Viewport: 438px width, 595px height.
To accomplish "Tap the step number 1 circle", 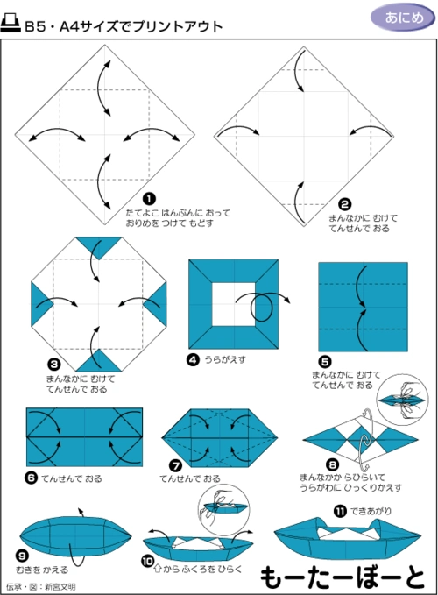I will (149, 199).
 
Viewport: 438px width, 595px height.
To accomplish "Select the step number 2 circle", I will (345, 202).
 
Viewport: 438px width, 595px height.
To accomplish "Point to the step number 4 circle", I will (193, 358).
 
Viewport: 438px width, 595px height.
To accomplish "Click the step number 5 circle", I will (324, 360).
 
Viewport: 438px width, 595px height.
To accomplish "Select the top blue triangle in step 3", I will (97, 246).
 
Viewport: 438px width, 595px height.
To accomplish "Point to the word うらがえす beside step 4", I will (224, 359).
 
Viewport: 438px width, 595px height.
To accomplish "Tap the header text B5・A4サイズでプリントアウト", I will (123, 26).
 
